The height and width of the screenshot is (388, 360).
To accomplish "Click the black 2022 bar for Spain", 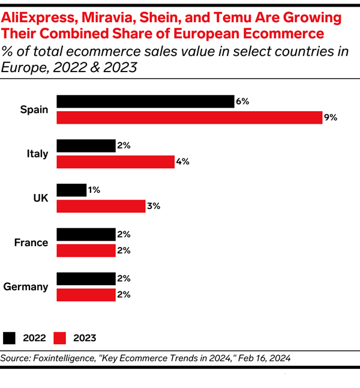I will click(x=145, y=102).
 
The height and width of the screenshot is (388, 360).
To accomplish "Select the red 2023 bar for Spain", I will click(x=189, y=118).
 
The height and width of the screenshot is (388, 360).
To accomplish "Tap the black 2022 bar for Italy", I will click(x=86, y=146).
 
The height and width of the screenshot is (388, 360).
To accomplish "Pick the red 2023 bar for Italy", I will click(x=115, y=162).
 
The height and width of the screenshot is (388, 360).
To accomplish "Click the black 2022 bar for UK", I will click(x=71, y=190).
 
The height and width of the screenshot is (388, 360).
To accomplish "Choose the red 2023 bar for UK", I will click(x=100, y=207).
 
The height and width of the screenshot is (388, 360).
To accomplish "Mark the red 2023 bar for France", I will click(x=86, y=250).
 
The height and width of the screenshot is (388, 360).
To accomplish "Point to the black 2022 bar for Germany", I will click(x=86, y=279).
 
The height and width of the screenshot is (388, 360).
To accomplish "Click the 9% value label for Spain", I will click(x=331, y=118).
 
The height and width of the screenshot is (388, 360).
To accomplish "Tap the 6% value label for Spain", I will click(x=242, y=102).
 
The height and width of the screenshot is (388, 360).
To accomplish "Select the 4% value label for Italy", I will click(x=183, y=162).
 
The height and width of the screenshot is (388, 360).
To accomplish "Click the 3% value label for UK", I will click(x=154, y=207).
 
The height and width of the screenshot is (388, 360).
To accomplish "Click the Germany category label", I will click(x=26, y=286).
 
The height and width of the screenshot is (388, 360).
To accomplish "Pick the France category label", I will click(x=31, y=243).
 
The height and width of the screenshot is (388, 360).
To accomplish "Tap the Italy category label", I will click(x=37, y=154).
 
